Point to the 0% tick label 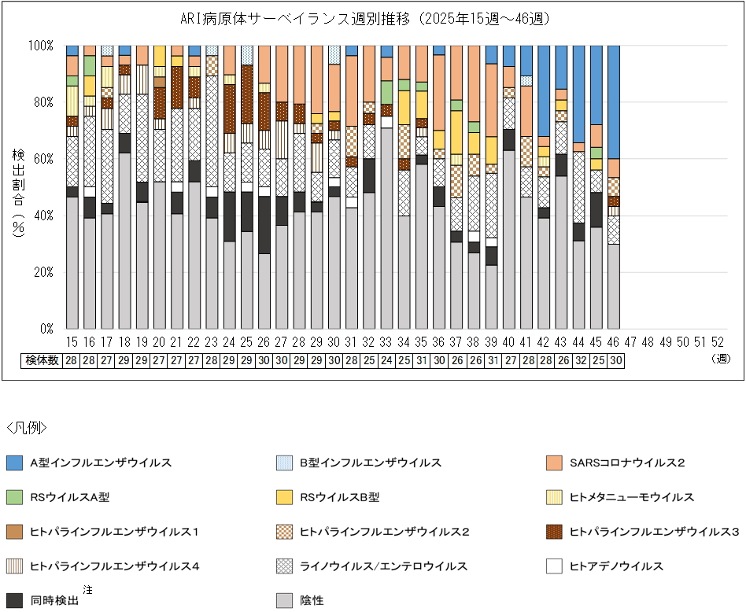tap(45, 329)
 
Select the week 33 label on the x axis tap(386, 343)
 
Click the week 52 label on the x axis tap(717, 343)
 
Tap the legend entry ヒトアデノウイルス tap(616, 566)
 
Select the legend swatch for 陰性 tap(286, 600)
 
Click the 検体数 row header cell tap(42, 360)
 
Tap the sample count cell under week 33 tap(386, 360)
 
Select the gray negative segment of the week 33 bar tap(386, 228)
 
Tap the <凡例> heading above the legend tap(27, 428)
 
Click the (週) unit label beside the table tap(718, 360)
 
